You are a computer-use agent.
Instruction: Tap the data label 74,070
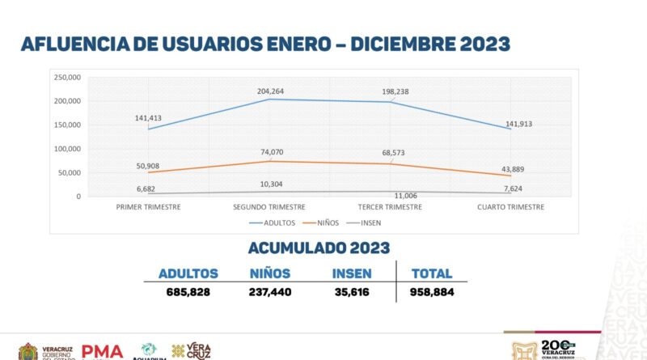click(270, 152)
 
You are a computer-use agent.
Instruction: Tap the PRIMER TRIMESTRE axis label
click(148, 207)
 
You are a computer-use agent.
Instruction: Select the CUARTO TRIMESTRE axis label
click(511, 207)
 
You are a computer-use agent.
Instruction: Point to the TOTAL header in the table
click(432, 273)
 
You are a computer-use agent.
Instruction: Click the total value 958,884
click(432, 292)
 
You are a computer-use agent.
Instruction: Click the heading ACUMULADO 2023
click(319, 248)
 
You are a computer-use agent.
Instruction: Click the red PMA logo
click(102, 352)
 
